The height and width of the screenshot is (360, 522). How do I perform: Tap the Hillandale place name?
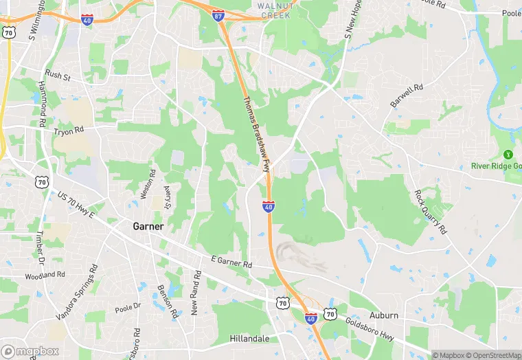pos(251,339)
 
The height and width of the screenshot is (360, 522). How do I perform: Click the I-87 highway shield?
pos(218,15)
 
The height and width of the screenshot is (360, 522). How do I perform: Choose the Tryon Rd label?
pos(68,130)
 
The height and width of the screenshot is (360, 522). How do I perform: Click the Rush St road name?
pos(58,75)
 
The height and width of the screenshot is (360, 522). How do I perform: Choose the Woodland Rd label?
pos(45,275)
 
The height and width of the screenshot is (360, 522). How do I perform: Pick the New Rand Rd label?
pos(194,293)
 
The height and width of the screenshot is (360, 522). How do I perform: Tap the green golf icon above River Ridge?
pos(509,155)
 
